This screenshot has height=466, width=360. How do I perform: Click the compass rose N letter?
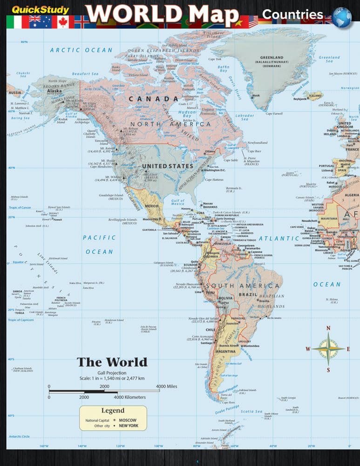pyautogui.click(x=328, y=328)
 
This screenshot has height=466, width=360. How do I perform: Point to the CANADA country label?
pyautogui.click(x=153, y=99)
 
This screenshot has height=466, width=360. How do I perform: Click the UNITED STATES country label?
pyautogui.click(x=167, y=166)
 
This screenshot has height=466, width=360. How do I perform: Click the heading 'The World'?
pyautogui.click(x=112, y=362)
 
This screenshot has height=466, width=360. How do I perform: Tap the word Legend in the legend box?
pyautogui.click(x=113, y=411)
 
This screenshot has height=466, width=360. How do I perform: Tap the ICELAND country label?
pyautogui.click(x=316, y=96)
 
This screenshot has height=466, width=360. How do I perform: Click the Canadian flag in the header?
pyautogui.click(x=63, y=21)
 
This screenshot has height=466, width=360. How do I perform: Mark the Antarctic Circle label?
pyautogui.click(x=19, y=436)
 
